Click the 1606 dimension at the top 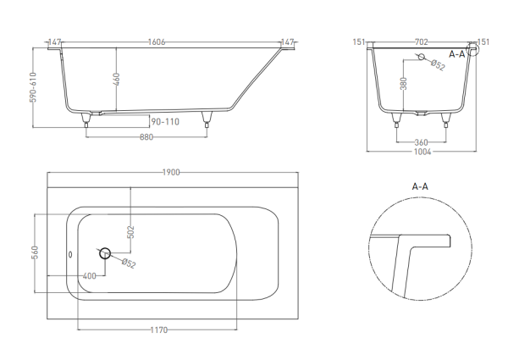[157, 42]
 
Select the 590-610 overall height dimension [33, 87]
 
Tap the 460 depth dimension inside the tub [117, 80]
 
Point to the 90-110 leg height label [165, 122]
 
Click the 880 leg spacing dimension [146, 137]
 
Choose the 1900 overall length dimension [171, 173]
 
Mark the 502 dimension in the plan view [130, 232]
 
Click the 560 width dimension [35, 252]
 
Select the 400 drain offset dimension [90, 276]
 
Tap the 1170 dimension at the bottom [159, 330]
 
